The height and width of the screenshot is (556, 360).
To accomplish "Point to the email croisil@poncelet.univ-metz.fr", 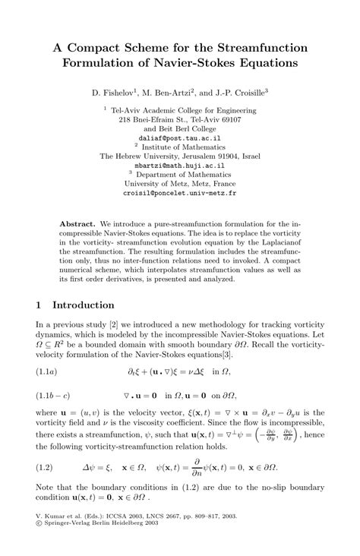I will tap(180, 193).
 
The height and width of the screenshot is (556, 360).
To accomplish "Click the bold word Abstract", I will tap(77, 226).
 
